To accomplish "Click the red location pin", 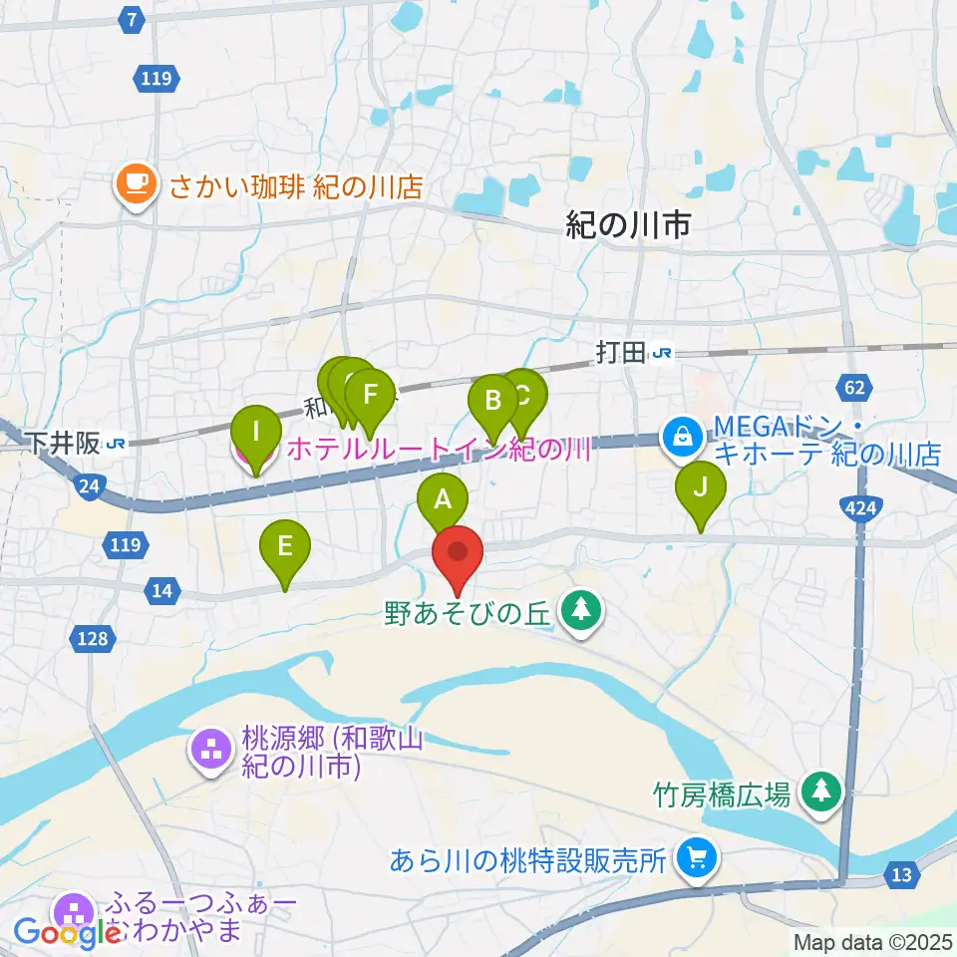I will coord(458,554).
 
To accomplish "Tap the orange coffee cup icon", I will coord(136,183).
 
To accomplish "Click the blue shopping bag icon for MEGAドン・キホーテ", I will coord(683,436).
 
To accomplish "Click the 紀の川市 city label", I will coord(628,226).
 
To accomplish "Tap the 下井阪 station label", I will coord(65,443).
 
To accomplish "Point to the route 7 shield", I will coord(132,17).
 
